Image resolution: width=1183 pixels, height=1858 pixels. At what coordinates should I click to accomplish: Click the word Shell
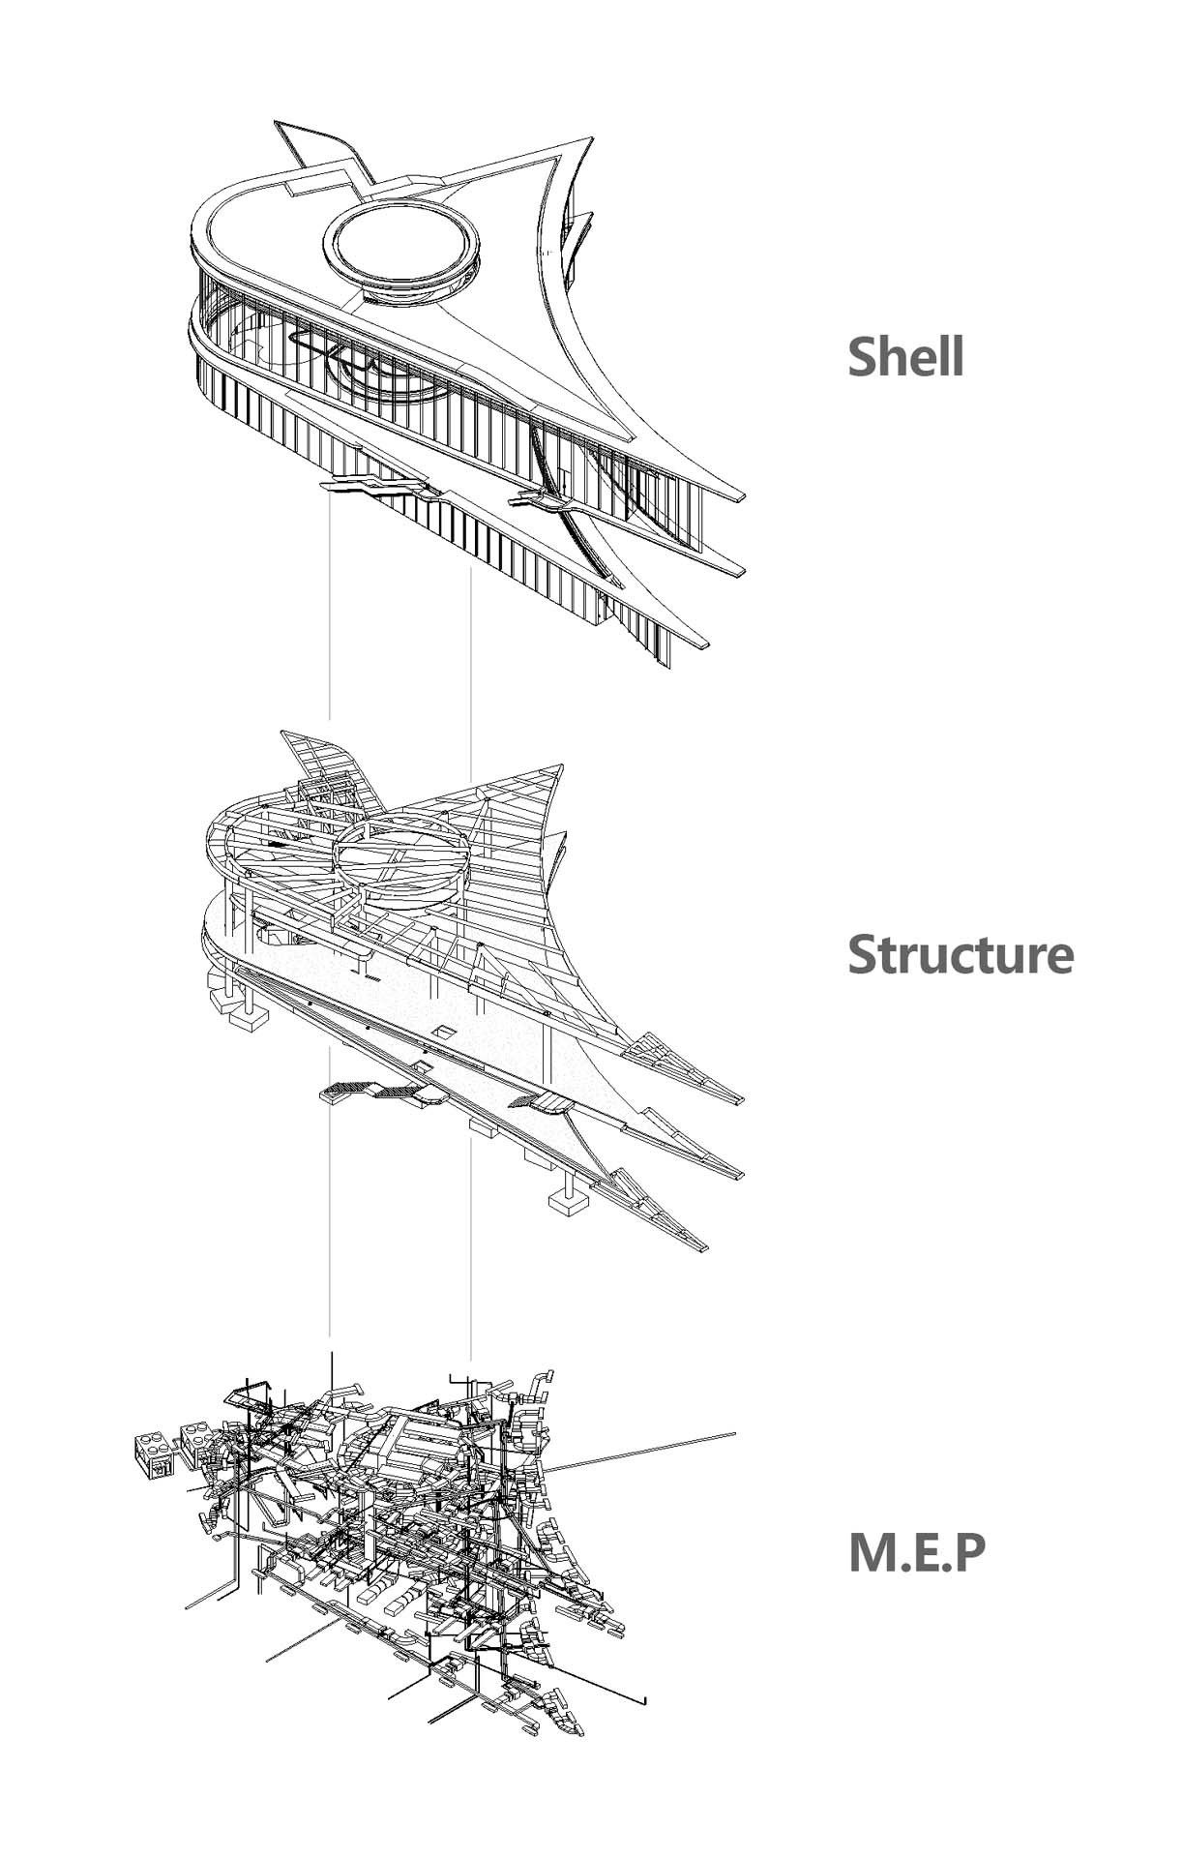pyautogui.click(x=905, y=356)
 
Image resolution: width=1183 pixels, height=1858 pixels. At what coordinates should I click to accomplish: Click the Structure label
pyautogui.click(x=960, y=954)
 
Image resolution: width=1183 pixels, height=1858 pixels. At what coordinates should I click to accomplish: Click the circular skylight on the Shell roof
pyautogui.click(x=401, y=243)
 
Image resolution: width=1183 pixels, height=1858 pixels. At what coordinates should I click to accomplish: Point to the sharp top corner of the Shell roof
pyautogui.click(x=588, y=137)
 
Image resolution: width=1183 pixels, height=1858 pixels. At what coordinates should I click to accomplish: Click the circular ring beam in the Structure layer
pyautogui.click(x=401, y=852)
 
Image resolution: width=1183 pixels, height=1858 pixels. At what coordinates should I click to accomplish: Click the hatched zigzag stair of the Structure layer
pyautogui.click(x=377, y=1093)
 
